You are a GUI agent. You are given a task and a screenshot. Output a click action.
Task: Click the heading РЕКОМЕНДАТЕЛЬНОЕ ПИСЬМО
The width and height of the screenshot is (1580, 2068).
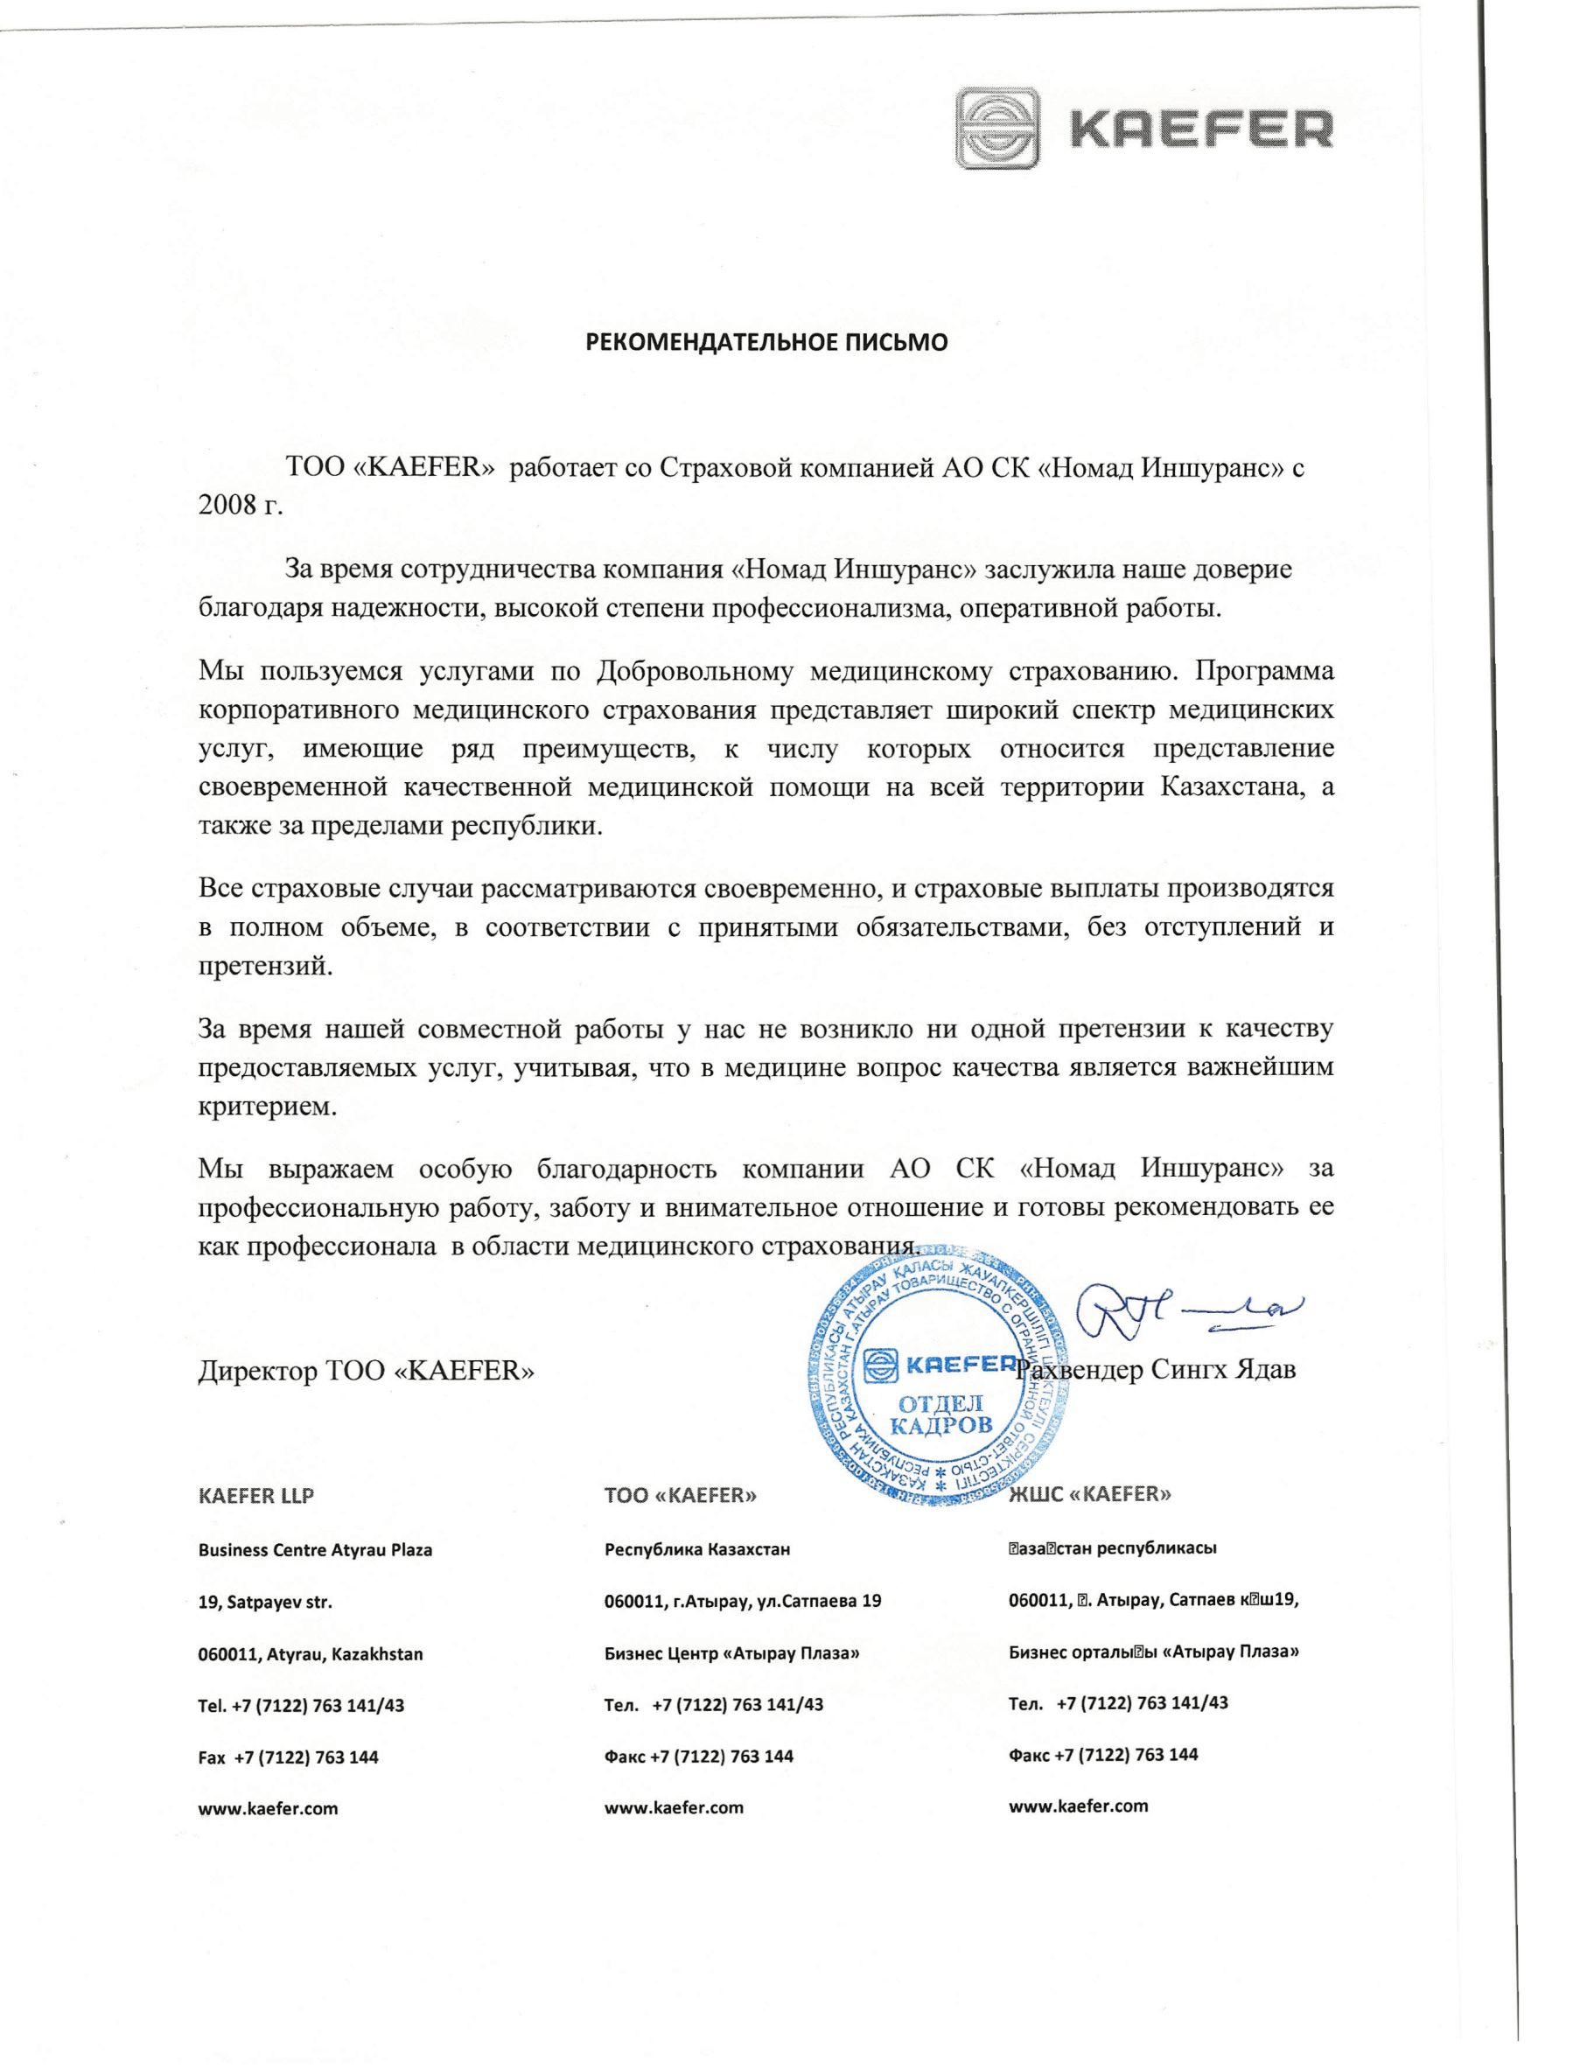766,342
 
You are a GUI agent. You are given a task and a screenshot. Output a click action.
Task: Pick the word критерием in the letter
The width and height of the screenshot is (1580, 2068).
267,1106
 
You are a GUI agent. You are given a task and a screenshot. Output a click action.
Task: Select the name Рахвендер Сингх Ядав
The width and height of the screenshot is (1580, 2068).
1157,1369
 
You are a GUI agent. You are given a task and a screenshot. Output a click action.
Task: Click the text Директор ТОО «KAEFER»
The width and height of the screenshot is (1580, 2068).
366,1371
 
